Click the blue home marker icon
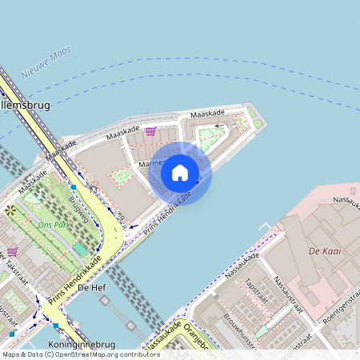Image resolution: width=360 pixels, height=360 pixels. coord(180,172)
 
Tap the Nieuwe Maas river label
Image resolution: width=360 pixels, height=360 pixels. coord(46,62)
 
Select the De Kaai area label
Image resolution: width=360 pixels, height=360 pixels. coord(325,251)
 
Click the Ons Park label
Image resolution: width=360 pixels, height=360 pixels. coord(53,226)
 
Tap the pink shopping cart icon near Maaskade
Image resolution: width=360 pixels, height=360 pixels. coord(150,132)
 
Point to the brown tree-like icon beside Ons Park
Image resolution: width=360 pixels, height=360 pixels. coord(10,210)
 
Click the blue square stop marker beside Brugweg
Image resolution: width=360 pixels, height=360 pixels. coord(73,186)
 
